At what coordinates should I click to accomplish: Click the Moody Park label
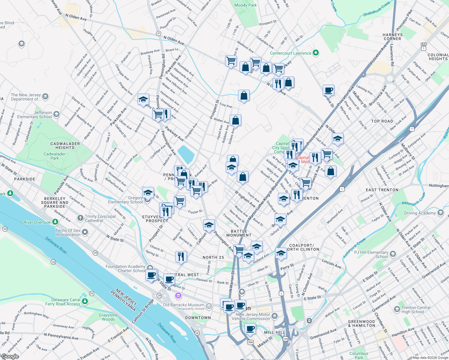tap(246, 5)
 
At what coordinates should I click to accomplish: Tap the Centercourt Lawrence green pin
tap(315, 53)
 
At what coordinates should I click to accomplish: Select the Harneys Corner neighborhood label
tap(392, 37)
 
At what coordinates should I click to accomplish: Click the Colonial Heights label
tap(438, 57)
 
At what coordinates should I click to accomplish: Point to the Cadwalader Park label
tap(54, 156)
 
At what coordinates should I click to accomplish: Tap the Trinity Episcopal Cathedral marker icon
tap(80, 218)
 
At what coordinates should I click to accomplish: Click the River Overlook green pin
tap(55, 222)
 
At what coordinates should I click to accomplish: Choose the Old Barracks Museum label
tap(183, 305)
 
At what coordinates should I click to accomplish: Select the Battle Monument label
tap(239, 233)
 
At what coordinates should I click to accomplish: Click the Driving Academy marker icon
tap(440, 213)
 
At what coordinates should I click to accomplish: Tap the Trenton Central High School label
tap(416, 310)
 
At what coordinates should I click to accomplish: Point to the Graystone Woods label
tap(108, 317)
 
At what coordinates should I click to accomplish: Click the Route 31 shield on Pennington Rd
tap(159, 33)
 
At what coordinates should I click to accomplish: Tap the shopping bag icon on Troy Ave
tap(244, 96)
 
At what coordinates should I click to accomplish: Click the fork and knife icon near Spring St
tap(181, 256)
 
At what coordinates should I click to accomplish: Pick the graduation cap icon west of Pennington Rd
tap(143, 99)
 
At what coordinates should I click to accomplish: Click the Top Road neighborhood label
tap(382, 121)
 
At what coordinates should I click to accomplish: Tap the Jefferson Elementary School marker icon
tap(56, 114)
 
